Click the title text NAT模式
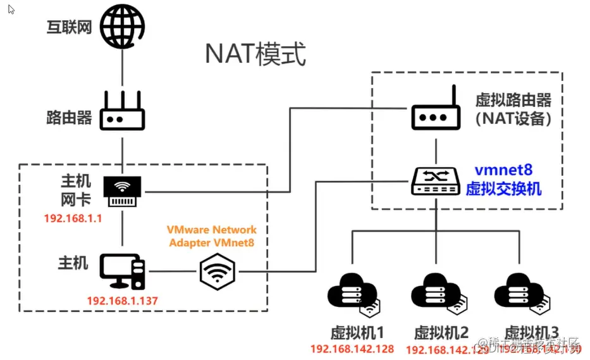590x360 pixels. click(x=255, y=55)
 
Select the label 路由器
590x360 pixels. click(x=69, y=118)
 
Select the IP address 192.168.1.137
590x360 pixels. click(x=122, y=301)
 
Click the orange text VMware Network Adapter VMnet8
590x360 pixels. click(x=212, y=235)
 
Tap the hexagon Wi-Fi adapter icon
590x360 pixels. click(x=218, y=272)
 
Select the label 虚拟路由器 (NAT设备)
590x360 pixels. click(x=513, y=109)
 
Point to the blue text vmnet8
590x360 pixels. click(x=503, y=170)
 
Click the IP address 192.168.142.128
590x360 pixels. click(x=352, y=349)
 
